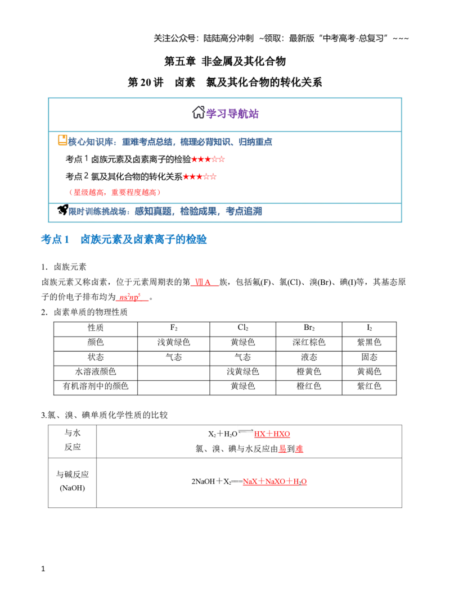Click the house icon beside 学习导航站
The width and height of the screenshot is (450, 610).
click(x=199, y=112)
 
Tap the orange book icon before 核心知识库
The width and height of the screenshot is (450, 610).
click(x=62, y=140)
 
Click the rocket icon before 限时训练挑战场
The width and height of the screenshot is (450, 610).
click(x=63, y=210)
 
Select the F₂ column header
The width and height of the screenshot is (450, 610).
click(x=174, y=328)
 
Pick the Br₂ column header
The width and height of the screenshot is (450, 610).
click(x=309, y=328)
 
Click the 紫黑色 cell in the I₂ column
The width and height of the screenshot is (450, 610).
click(x=369, y=342)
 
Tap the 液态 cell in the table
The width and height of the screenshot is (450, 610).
click(x=309, y=357)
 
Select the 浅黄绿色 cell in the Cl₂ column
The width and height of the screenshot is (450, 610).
click(x=243, y=371)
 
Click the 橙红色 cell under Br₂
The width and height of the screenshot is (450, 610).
click(x=309, y=386)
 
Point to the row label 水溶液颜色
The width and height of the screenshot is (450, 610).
click(x=96, y=371)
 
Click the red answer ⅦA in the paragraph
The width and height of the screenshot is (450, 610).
click(x=202, y=282)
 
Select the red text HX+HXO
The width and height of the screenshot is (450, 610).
click(x=272, y=434)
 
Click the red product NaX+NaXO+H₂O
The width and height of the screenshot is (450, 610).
click(x=274, y=481)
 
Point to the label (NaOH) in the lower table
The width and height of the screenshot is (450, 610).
click(x=73, y=488)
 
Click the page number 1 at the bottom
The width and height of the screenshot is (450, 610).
click(x=43, y=569)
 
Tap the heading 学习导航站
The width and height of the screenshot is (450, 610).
click(x=232, y=113)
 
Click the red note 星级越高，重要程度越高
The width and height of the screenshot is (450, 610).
click(x=115, y=192)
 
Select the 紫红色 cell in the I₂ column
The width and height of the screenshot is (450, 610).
click(x=369, y=386)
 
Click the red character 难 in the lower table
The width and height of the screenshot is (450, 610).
click(x=299, y=449)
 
